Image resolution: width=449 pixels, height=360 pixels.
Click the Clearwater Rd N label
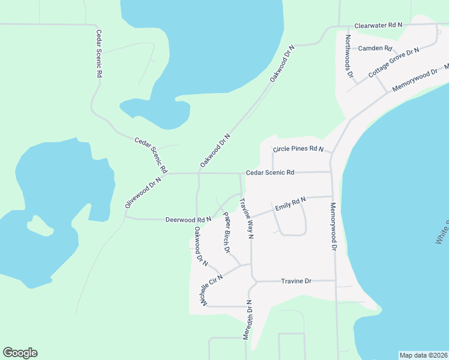point(378,26)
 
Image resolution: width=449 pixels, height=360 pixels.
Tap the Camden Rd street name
point(375,48)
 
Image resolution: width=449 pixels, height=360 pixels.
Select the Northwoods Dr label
point(349,56)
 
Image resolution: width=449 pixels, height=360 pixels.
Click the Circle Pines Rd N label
point(298,149)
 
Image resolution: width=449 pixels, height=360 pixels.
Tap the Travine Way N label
point(247,219)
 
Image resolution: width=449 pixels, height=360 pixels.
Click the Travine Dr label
point(296,281)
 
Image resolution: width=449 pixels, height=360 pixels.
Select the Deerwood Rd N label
point(188,220)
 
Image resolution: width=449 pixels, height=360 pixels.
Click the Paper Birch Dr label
point(227,232)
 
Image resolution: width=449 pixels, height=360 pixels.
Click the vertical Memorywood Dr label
point(333,227)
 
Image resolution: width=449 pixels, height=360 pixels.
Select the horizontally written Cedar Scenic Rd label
point(270,172)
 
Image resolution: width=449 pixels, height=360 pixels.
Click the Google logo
point(20,353)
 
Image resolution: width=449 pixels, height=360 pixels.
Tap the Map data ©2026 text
point(423,355)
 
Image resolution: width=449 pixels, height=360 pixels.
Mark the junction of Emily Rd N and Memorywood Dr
point(331,196)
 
